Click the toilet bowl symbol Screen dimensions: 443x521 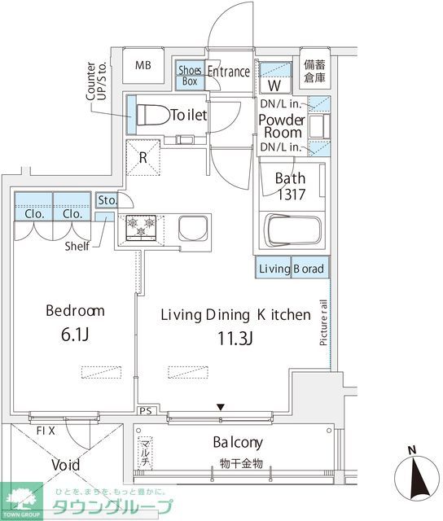click(153, 115)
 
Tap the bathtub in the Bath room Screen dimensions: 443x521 click(292, 230)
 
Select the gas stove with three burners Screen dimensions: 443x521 click(141, 227)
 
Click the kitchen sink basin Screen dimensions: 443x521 click(193, 228)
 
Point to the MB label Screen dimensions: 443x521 click(143, 65)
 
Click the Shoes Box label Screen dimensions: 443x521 click(190, 76)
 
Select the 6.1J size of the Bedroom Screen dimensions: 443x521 click(75, 335)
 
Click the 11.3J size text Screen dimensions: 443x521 click(235, 339)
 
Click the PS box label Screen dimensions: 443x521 click(146, 411)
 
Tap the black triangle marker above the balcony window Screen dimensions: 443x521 click(221, 407)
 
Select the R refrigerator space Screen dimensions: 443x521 click(143, 157)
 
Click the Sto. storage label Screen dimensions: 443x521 click(107, 200)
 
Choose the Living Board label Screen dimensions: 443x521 click(292, 269)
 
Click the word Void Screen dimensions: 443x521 click(66, 465)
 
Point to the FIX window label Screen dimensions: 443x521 click(46, 431)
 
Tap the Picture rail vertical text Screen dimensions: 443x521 click(323, 322)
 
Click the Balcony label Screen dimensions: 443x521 click(238, 443)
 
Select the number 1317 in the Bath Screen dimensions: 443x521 click(291, 195)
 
